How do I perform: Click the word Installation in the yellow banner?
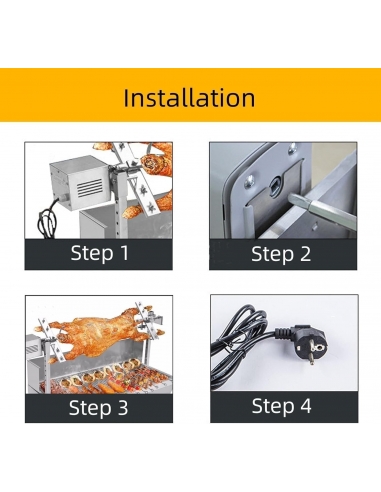click(189, 97)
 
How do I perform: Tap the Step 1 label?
click(100, 253)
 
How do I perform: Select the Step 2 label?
click(281, 254)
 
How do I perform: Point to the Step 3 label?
click(98, 407)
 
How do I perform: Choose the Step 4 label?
click(282, 406)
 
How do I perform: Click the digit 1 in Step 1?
click(125, 252)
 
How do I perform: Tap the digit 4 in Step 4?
click(306, 405)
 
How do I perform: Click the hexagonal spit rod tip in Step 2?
click(293, 199)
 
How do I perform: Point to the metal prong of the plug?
click(311, 359)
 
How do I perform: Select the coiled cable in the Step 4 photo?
click(242, 343)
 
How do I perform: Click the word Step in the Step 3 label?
click(89, 408)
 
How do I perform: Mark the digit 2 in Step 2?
click(304, 254)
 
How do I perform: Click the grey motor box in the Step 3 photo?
click(36, 353)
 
